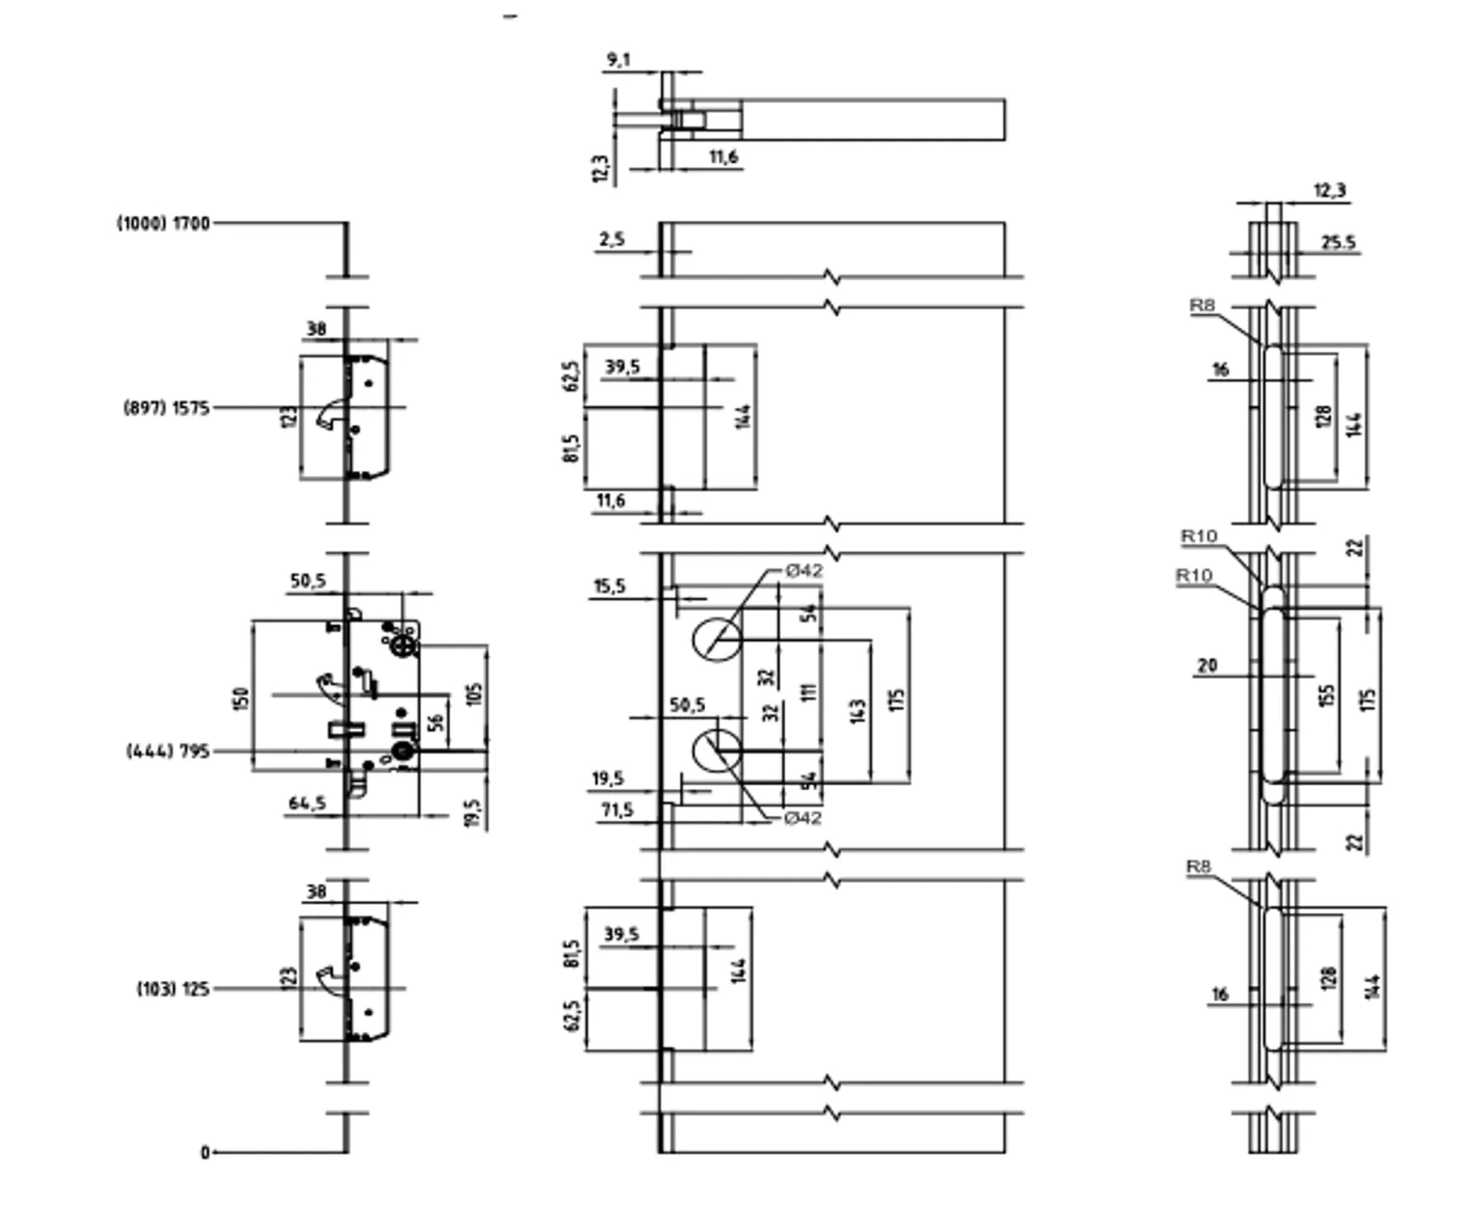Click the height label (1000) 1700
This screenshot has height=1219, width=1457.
(x=164, y=223)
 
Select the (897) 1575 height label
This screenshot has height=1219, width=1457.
(x=167, y=408)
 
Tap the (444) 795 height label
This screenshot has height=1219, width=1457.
(x=168, y=752)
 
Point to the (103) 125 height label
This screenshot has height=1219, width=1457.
(x=173, y=989)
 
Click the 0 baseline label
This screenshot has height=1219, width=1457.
(x=206, y=1153)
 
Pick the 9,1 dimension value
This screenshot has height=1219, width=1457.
(x=618, y=60)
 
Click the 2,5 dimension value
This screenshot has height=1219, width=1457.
(x=612, y=240)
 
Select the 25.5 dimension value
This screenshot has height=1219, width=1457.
(x=1338, y=242)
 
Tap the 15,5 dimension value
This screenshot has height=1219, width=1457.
(x=609, y=586)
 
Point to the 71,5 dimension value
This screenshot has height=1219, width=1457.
(x=617, y=810)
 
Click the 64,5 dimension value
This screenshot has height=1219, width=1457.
(x=308, y=803)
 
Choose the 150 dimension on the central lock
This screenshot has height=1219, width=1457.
(x=241, y=698)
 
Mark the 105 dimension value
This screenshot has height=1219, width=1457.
(x=475, y=694)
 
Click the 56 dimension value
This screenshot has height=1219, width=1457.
(x=435, y=723)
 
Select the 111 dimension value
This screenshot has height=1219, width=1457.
(x=809, y=690)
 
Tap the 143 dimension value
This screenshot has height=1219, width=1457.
(x=860, y=711)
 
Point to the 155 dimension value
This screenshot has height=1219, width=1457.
(x=1326, y=695)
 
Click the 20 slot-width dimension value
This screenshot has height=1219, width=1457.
(x=1207, y=665)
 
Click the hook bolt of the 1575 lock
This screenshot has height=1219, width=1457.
(x=330, y=414)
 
